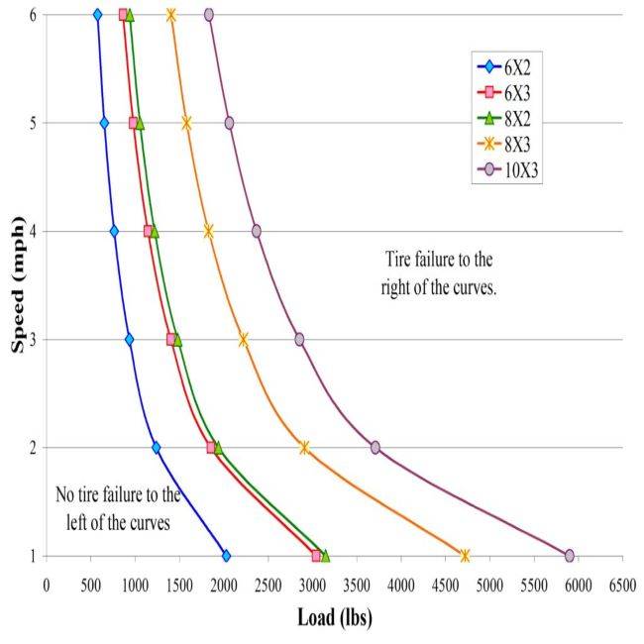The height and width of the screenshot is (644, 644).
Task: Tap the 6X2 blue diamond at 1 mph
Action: pyautogui.click(x=226, y=556)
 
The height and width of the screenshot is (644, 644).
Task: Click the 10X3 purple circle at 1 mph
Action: pyautogui.click(x=569, y=556)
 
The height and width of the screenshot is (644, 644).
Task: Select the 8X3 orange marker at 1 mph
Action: pyautogui.click(x=465, y=556)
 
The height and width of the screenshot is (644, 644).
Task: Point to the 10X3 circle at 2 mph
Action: pyautogui.click(x=376, y=448)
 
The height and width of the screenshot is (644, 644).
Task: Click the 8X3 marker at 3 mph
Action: pyautogui.click(x=244, y=339)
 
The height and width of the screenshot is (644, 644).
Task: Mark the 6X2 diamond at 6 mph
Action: pyautogui.click(x=97, y=15)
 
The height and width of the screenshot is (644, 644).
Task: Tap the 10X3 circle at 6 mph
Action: pyautogui.click(x=209, y=15)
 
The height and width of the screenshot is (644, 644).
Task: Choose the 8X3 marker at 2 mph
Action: pyautogui.click(x=304, y=448)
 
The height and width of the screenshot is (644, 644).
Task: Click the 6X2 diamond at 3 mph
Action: pyautogui.click(x=129, y=339)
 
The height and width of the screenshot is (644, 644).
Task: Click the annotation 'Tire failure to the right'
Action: pyautogui.click(x=437, y=269)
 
